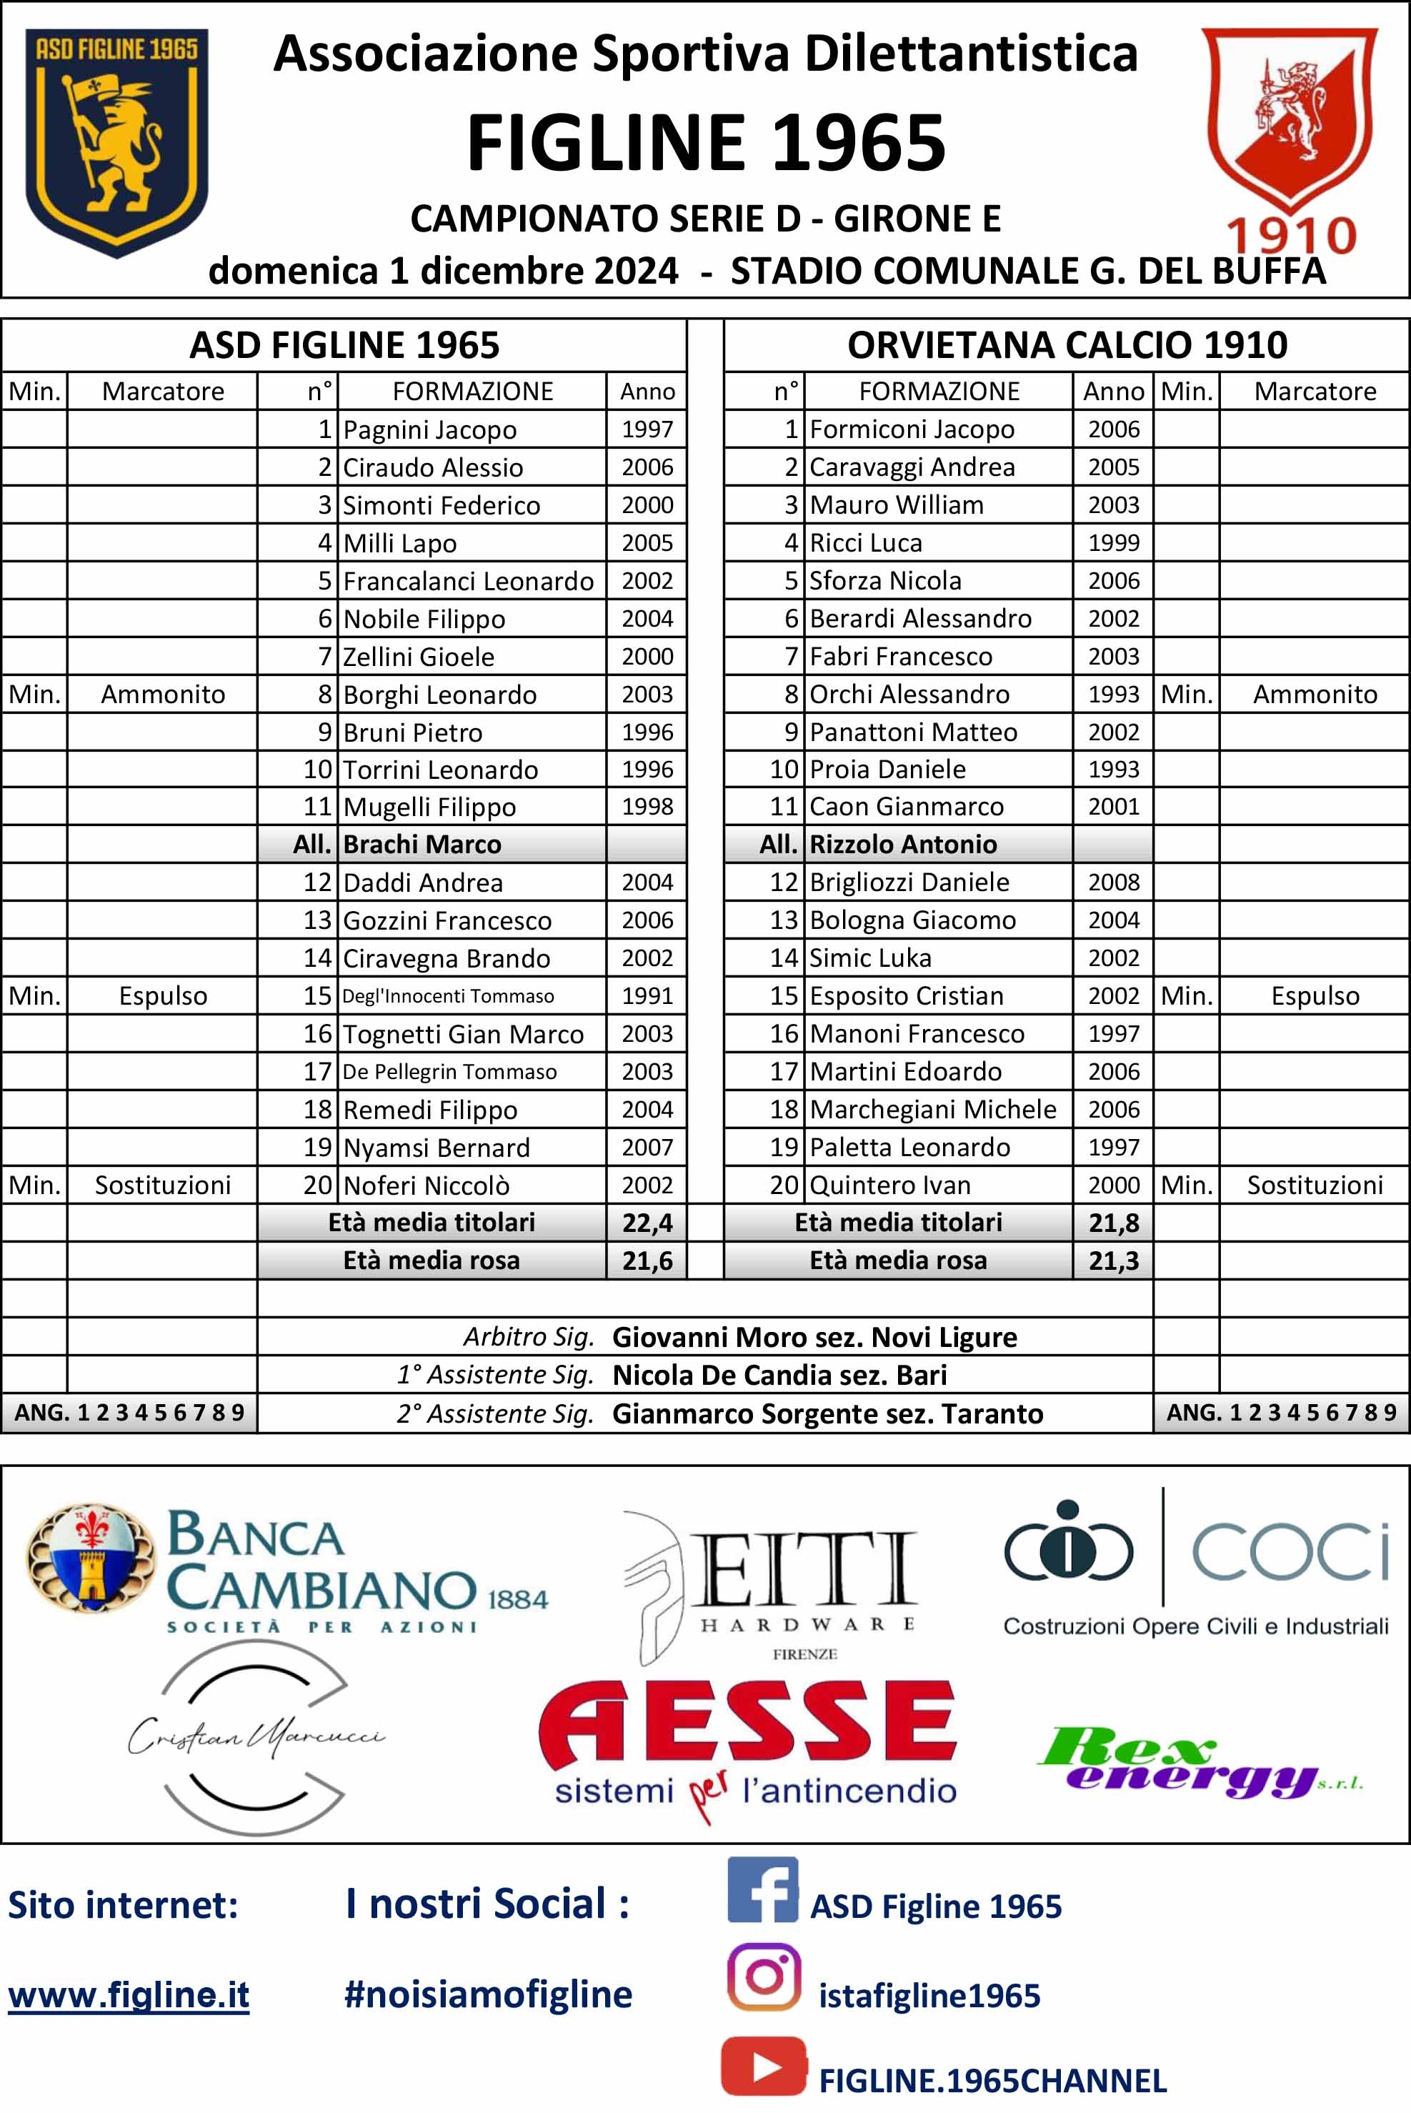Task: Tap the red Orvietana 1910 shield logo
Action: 1289,126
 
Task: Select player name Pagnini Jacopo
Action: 429,430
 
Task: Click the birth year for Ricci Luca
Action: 1113,542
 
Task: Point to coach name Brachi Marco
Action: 422,844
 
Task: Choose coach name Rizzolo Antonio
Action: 902,844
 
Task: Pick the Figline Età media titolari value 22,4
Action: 647,1223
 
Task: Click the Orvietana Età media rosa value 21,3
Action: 1113,1261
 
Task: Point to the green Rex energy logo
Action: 1197,1762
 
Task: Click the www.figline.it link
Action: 129,1996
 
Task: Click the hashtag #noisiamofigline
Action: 488,1994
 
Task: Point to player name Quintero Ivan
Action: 890,1185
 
